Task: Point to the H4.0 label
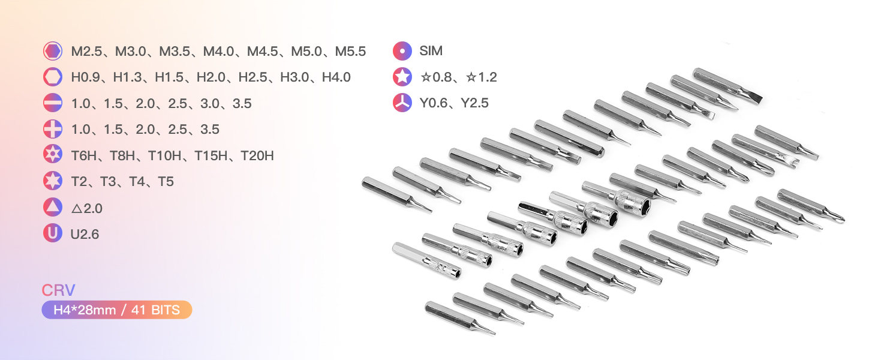click(336, 77)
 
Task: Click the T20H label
click(257, 156)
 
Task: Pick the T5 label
click(166, 182)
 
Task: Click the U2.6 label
click(85, 235)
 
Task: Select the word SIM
click(431, 51)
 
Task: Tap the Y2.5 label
click(474, 103)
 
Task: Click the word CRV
click(58, 291)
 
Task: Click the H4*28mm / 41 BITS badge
click(116, 310)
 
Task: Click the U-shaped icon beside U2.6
click(53, 233)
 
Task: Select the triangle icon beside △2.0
click(53, 207)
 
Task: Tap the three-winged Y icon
click(402, 103)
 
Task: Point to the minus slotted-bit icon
click(53, 103)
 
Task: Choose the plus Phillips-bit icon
click(53, 129)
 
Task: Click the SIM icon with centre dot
click(402, 51)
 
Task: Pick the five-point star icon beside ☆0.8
click(402, 77)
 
